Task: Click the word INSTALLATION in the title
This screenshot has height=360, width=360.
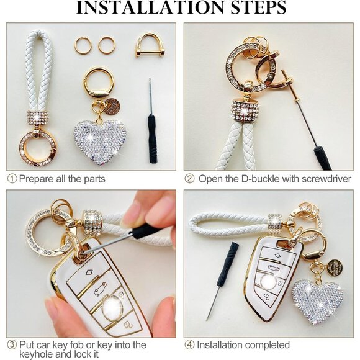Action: (x=150, y=7)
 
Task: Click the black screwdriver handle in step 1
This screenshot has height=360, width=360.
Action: (x=153, y=139)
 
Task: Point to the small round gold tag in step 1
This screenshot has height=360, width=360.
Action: (x=112, y=107)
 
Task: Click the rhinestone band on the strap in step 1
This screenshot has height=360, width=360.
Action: (x=37, y=119)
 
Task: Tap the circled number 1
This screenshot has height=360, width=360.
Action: (x=12, y=179)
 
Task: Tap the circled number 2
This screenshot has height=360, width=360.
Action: (x=190, y=179)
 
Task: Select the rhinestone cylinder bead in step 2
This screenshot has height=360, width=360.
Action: (x=245, y=110)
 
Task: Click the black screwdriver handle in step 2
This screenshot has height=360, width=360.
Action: (x=323, y=158)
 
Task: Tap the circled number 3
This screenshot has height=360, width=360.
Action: (x=12, y=344)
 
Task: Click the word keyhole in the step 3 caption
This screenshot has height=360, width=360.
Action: (x=37, y=354)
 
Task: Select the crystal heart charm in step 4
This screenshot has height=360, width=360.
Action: (x=317, y=300)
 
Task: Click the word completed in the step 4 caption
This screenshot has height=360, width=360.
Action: (x=266, y=345)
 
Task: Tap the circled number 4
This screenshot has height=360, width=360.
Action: (x=190, y=344)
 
